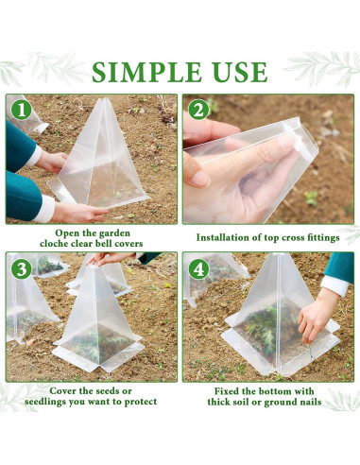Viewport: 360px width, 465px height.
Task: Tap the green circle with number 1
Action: (22, 110)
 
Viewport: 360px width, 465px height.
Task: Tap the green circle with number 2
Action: (197, 110)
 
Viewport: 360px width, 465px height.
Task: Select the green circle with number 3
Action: (22, 267)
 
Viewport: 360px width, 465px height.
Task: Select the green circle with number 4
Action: (197, 267)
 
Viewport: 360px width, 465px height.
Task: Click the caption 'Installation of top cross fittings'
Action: (267, 237)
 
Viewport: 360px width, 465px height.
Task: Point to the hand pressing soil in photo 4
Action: (313, 321)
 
